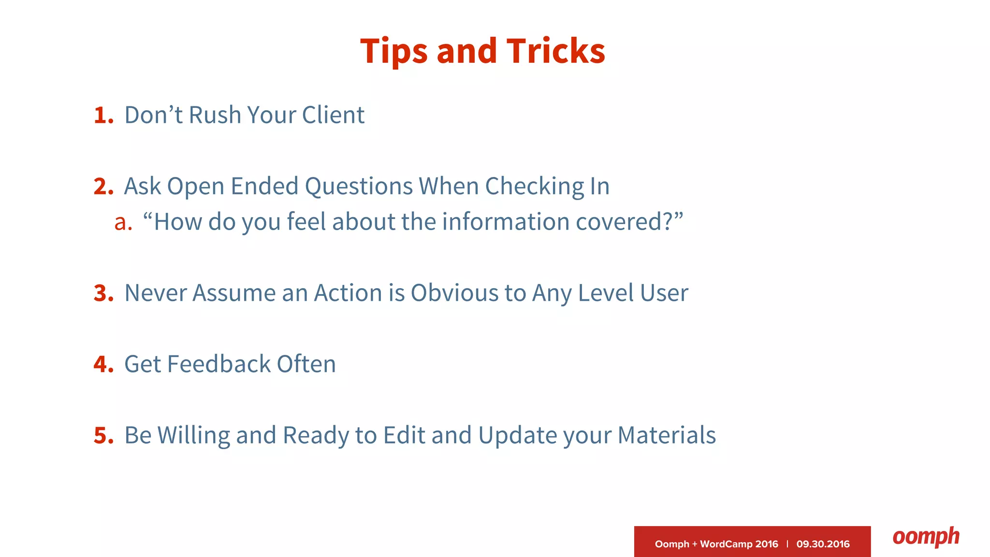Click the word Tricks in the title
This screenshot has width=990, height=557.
pyautogui.click(x=555, y=51)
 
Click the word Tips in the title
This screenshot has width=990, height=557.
pyautogui.click(x=394, y=52)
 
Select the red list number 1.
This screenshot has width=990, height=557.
pyautogui.click(x=103, y=116)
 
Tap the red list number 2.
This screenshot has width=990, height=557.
pyautogui.click(x=103, y=187)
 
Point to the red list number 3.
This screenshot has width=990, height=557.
pyautogui.click(x=103, y=293)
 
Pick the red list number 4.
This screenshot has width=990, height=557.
pyautogui.click(x=103, y=365)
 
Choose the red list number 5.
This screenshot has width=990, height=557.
pyautogui.click(x=103, y=436)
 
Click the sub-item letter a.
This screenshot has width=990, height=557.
pyautogui.click(x=123, y=223)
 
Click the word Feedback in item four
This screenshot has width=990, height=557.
pyautogui.click(x=218, y=364)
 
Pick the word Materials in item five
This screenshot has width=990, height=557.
pyautogui.click(x=667, y=435)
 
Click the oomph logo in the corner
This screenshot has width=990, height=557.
pyautogui.click(x=926, y=537)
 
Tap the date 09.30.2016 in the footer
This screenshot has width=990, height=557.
pyautogui.click(x=823, y=544)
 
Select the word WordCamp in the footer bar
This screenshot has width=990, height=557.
pyautogui.click(x=726, y=544)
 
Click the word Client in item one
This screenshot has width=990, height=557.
pyautogui.click(x=333, y=116)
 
